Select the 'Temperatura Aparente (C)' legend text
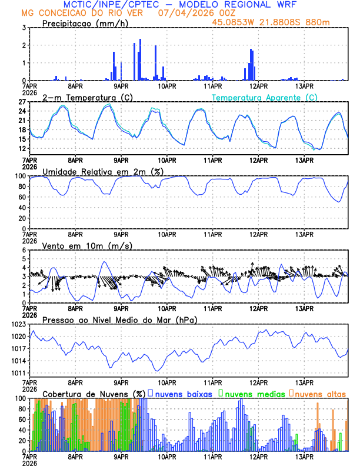[265, 97]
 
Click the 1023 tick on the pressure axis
[19, 324]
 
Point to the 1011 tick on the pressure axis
[19, 373]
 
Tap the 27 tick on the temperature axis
[22, 102]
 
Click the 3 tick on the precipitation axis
[24, 28]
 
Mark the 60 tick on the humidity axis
[22, 197]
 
